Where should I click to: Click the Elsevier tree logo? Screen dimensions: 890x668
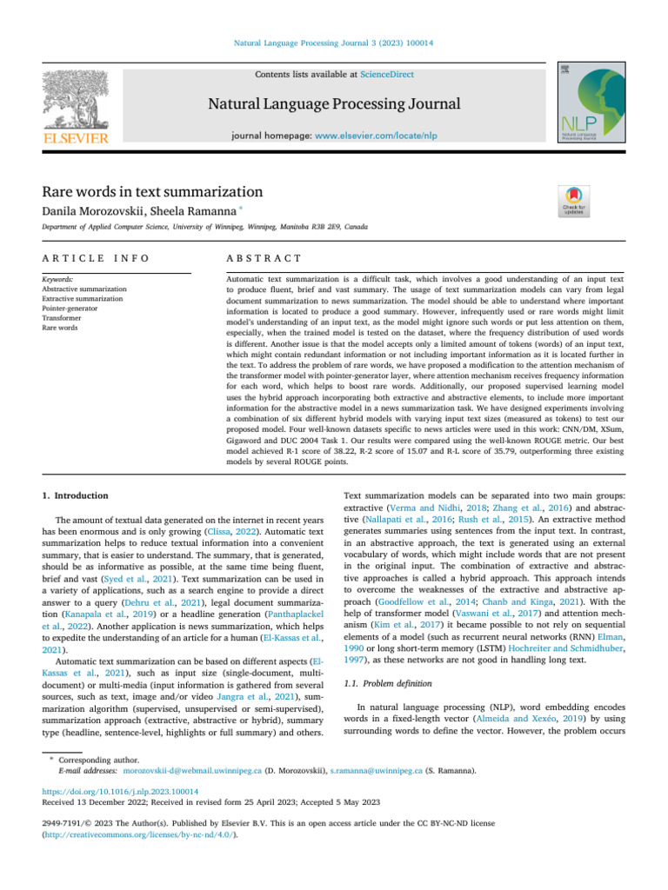[x=76, y=96]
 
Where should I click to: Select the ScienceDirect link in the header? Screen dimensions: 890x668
[x=386, y=75]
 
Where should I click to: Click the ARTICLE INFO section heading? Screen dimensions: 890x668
[x=96, y=258]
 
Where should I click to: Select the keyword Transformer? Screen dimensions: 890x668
[x=63, y=318]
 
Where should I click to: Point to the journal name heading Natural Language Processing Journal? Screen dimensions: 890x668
[x=333, y=105]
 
